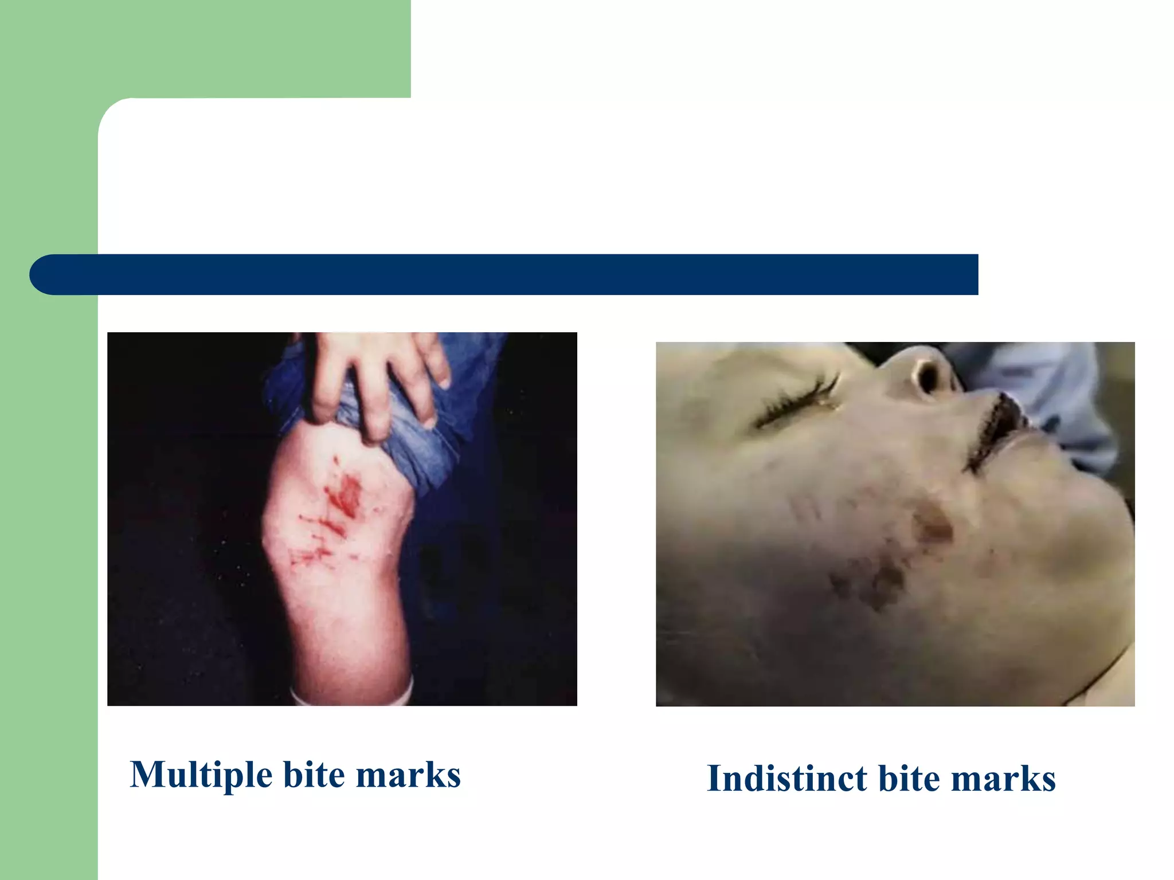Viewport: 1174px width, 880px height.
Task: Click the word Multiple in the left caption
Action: pos(201,775)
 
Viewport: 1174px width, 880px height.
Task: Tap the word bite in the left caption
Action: pos(314,775)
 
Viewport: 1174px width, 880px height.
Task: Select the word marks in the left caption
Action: pos(408,775)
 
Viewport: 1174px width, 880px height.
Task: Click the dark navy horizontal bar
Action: pos(516,274)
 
